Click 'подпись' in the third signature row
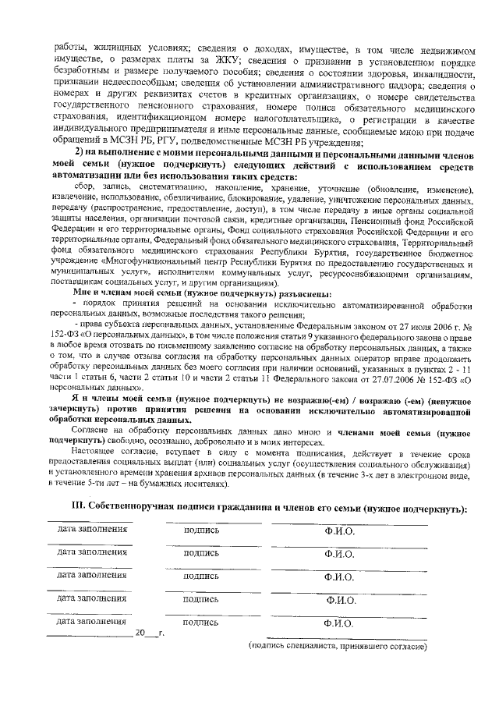(x=201, y=575)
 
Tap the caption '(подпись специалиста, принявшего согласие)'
(x=337, y=647)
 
